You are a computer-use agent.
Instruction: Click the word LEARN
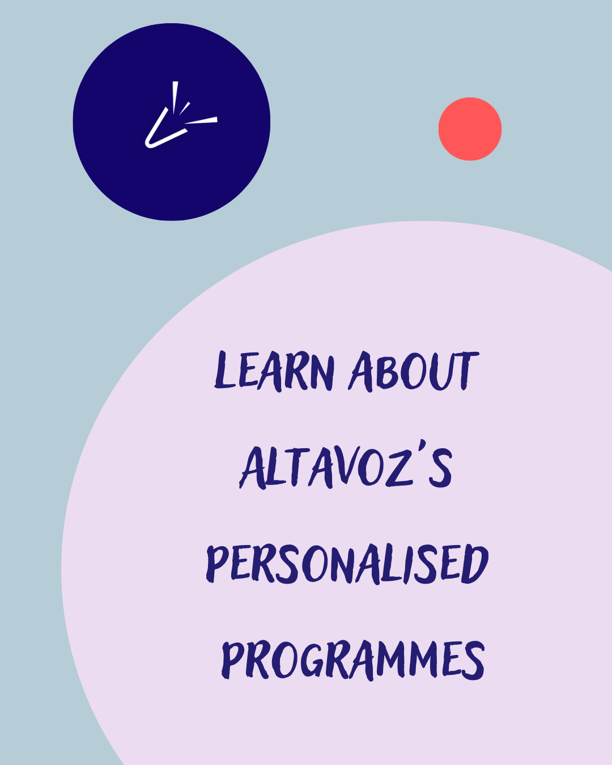click(274, 371)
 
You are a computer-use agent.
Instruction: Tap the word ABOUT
click(414, 371)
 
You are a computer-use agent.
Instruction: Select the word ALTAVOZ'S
click(346, 465)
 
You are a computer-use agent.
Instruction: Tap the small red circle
click(470, 129)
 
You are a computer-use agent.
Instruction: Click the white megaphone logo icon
click(181, 114)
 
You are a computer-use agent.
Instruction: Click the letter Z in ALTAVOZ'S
click(398, 469)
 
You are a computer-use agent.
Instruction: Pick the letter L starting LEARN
click(225, 369)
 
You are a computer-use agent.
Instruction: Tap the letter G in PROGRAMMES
click(313, 661)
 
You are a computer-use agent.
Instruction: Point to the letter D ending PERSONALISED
click(475, 564)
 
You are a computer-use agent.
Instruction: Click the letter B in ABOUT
click(386, 372)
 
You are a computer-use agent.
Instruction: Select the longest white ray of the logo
click(201, 121)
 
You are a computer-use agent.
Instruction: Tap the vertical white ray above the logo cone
click(175, 97)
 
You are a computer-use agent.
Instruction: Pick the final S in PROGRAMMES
click(473, 661)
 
